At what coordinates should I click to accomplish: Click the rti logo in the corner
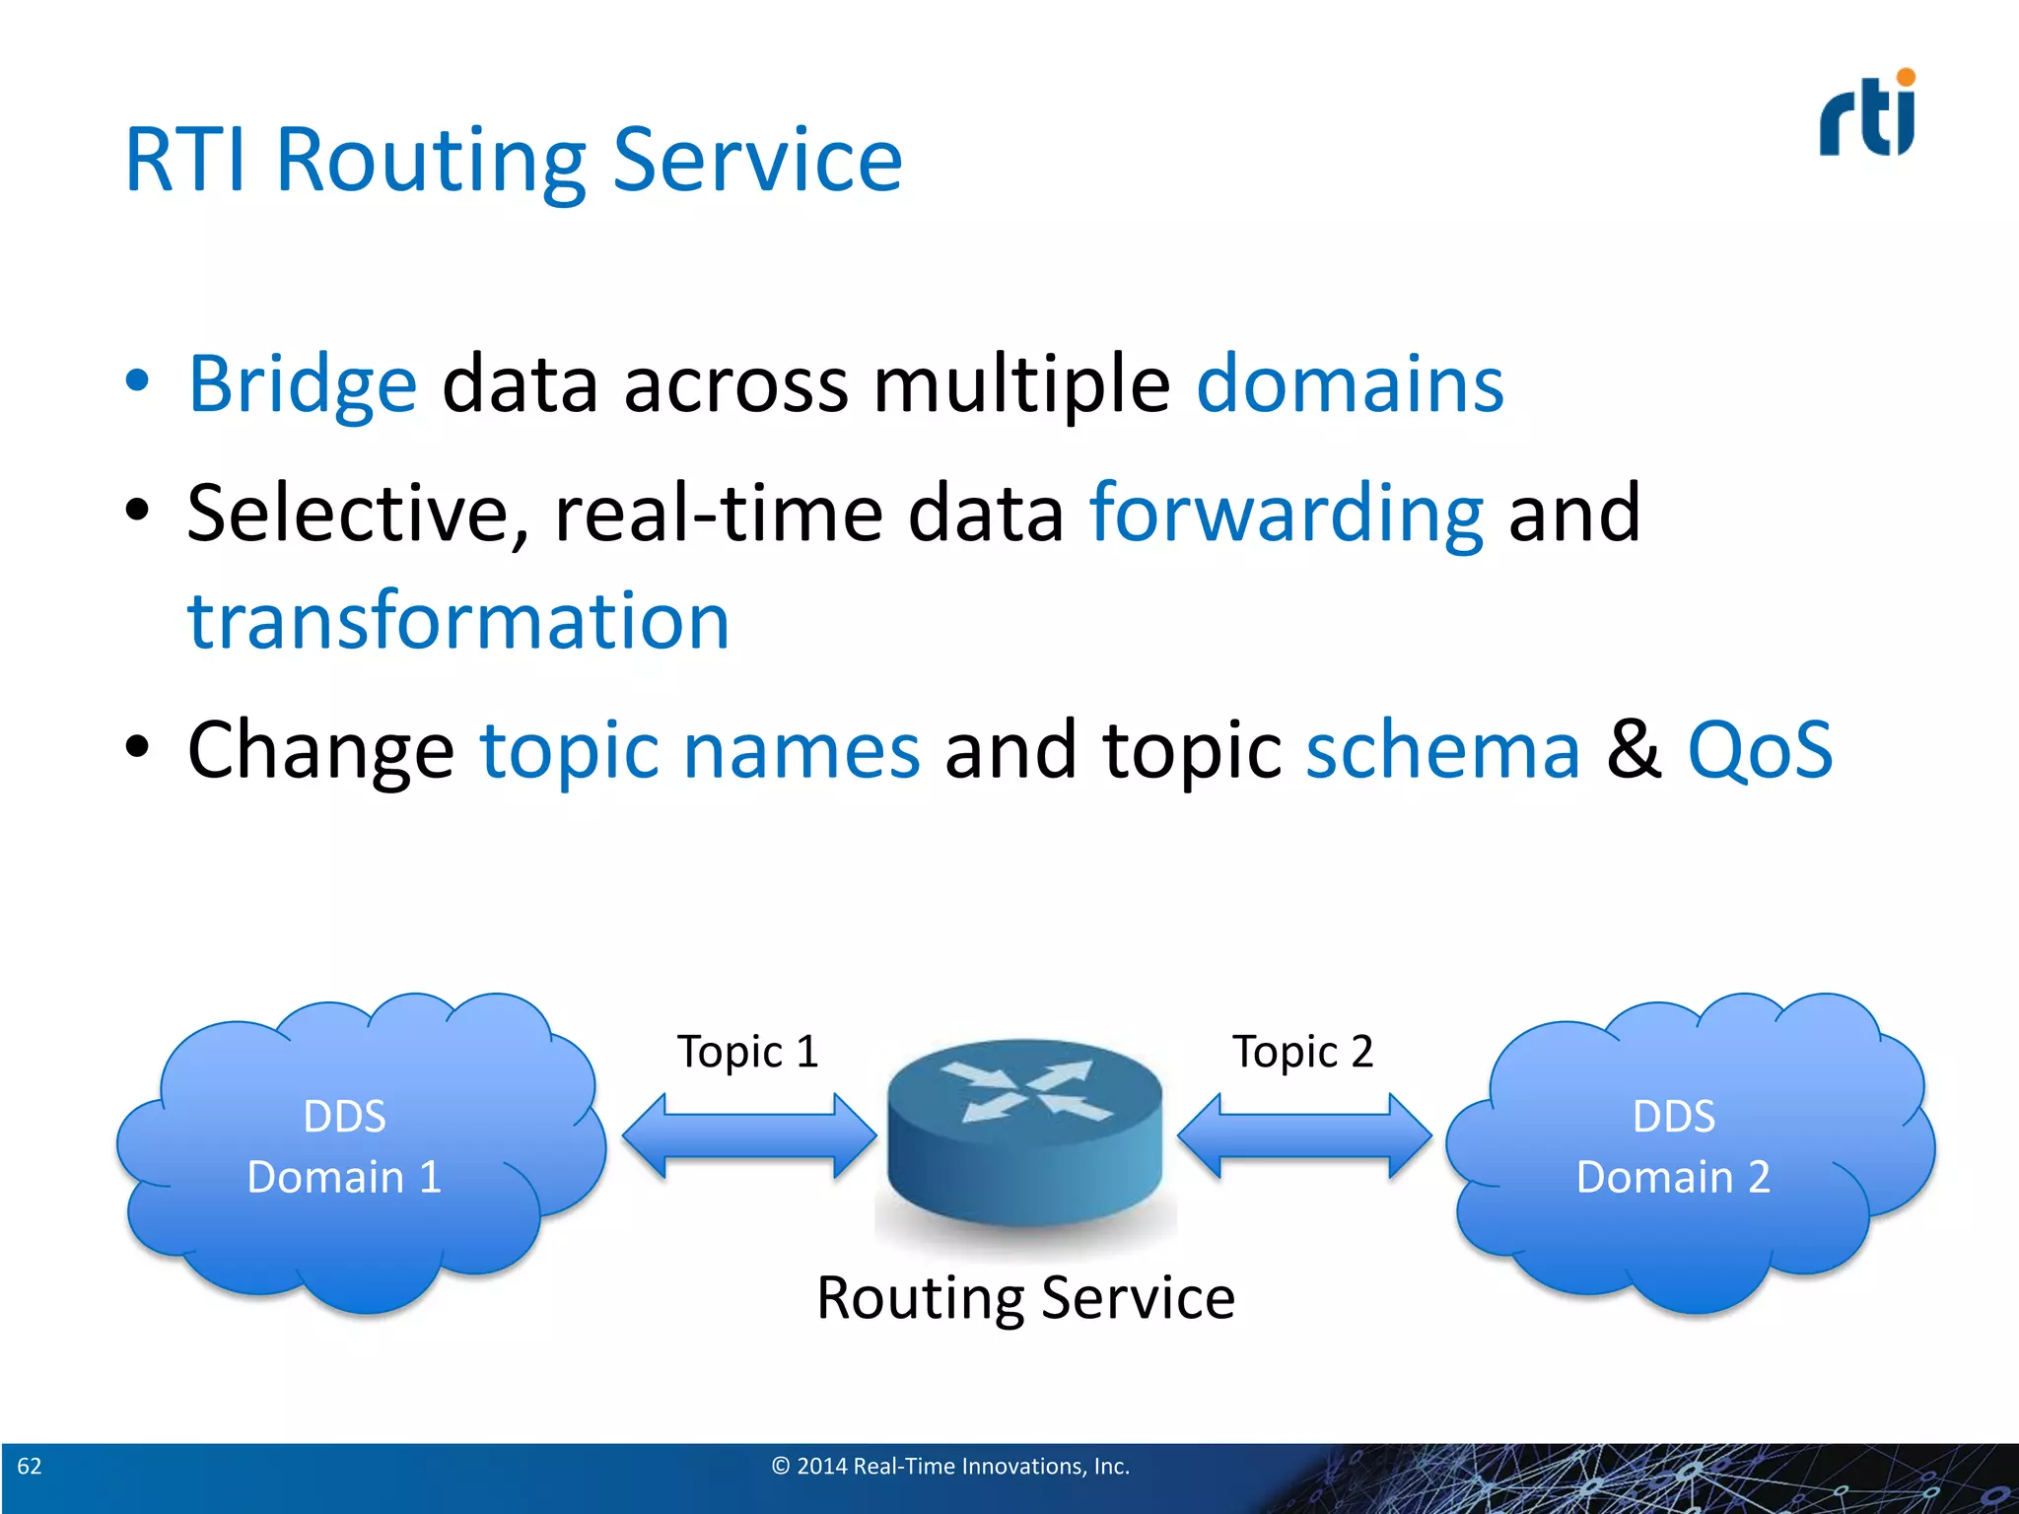(1866, 116)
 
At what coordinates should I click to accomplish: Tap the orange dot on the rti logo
(1906, 78)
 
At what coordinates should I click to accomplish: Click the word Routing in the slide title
(430, 161)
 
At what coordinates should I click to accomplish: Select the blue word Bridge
(303, 384)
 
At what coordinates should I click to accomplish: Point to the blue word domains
(1350, 384)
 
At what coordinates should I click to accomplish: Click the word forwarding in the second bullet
(1286, 515)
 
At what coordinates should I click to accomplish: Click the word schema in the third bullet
(1442, 751)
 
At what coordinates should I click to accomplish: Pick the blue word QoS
(1760, 751)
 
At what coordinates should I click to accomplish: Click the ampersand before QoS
(1634, 751)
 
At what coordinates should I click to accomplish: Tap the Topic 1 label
(747, 1052)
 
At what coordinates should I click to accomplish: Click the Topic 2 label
(1302, 1052)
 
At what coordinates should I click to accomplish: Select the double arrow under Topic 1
(749, 1135)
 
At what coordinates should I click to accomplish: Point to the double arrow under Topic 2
(1303, 1135)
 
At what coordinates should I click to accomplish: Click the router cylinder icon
(1024, 1134)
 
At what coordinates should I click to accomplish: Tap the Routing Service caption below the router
(1025, 1298)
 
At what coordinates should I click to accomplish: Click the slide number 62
(30, 1466)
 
